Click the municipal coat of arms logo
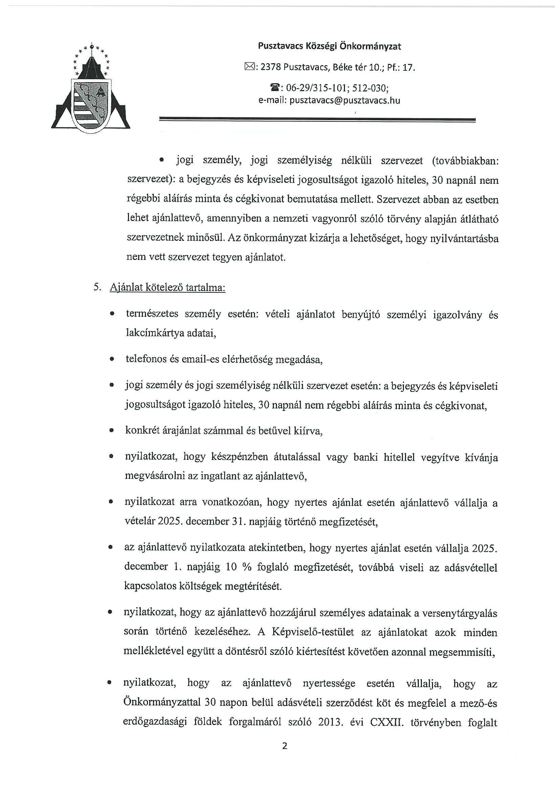click(x=91, y=89)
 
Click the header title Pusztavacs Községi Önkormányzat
click(x=329, y=46)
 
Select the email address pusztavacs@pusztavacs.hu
click(x=345, y=101)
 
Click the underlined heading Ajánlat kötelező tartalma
click(x=167, y=287)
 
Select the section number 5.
click(x=97, y=287)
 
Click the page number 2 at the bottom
click(x=285, y=746)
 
